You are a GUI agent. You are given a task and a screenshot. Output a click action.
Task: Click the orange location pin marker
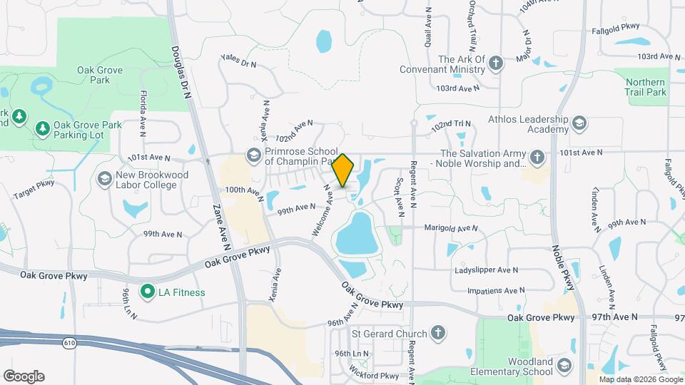point(343,170)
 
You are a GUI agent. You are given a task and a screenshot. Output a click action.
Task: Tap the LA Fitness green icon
point(148,292)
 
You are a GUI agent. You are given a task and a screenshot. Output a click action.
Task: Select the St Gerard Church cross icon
point(438,333)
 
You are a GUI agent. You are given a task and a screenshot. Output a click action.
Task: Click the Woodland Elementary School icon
point(564,366)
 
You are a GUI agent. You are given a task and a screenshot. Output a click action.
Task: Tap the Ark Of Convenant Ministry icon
point(496,64)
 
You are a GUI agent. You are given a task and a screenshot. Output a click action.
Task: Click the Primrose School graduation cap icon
point(253,155)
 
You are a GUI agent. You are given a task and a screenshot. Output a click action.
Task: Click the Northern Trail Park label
point(645,87)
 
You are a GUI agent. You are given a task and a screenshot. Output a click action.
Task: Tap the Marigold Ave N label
point(451,228)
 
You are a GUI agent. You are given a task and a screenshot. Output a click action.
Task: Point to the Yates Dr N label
point(238,61)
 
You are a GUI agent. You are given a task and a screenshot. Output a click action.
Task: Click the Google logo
point(24,376)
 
